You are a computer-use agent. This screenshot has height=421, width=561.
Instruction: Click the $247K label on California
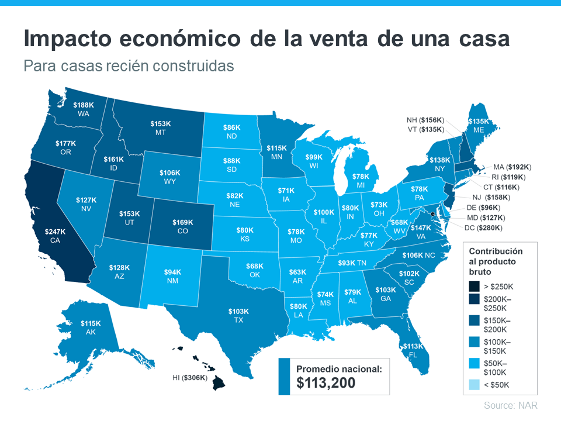point(56,231)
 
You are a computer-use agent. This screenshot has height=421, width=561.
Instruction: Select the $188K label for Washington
point(83,105)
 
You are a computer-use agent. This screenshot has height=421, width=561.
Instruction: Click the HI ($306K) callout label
point(189,378)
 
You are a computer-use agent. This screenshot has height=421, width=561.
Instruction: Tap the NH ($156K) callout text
point(425,120)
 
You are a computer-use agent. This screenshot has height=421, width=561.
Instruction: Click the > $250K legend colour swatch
point(475,286)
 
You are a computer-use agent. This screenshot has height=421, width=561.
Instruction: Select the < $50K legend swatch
point(475,384)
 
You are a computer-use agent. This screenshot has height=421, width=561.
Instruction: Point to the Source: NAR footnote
point(510,405)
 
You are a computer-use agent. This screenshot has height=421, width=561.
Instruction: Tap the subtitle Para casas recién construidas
point(129,66)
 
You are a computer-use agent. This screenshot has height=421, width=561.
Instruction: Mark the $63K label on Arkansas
point(297,272)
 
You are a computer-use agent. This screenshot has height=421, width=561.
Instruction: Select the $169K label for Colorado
point(182,222)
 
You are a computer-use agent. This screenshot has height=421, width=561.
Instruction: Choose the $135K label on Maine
point(479,121)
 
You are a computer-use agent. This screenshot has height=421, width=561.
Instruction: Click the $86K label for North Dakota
point(231,127)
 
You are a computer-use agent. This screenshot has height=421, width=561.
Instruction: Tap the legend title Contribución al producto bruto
point(496,261)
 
